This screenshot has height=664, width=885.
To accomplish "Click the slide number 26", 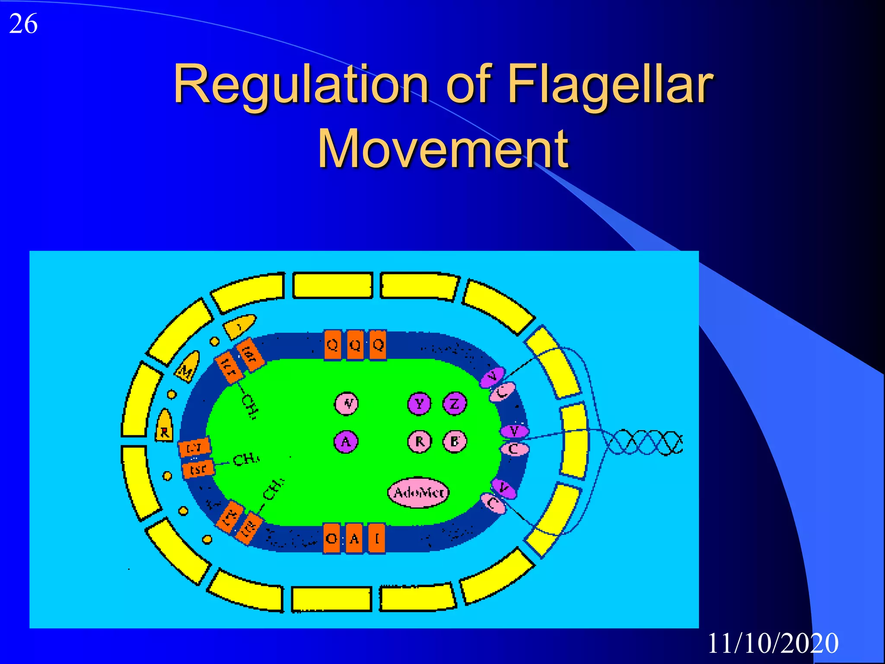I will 23,24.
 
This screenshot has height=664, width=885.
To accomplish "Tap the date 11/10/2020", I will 773,643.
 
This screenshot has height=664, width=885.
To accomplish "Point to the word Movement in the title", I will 442,149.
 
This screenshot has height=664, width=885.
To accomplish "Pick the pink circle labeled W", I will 346,404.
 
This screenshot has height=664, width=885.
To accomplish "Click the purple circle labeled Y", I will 419,404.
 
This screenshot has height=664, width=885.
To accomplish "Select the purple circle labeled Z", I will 455,404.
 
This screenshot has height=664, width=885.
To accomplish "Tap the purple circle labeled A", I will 346,441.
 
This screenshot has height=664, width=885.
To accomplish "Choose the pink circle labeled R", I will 419,441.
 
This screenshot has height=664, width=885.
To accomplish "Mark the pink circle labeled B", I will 455,441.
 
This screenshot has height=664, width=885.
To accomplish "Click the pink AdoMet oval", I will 418,492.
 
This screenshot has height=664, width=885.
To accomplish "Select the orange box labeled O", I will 332,538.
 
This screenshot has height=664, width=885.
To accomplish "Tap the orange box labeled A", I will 354,538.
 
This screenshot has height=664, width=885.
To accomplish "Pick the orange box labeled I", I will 377,538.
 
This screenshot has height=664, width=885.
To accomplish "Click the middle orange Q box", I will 355,345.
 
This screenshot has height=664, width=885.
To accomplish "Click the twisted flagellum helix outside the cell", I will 644,442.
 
